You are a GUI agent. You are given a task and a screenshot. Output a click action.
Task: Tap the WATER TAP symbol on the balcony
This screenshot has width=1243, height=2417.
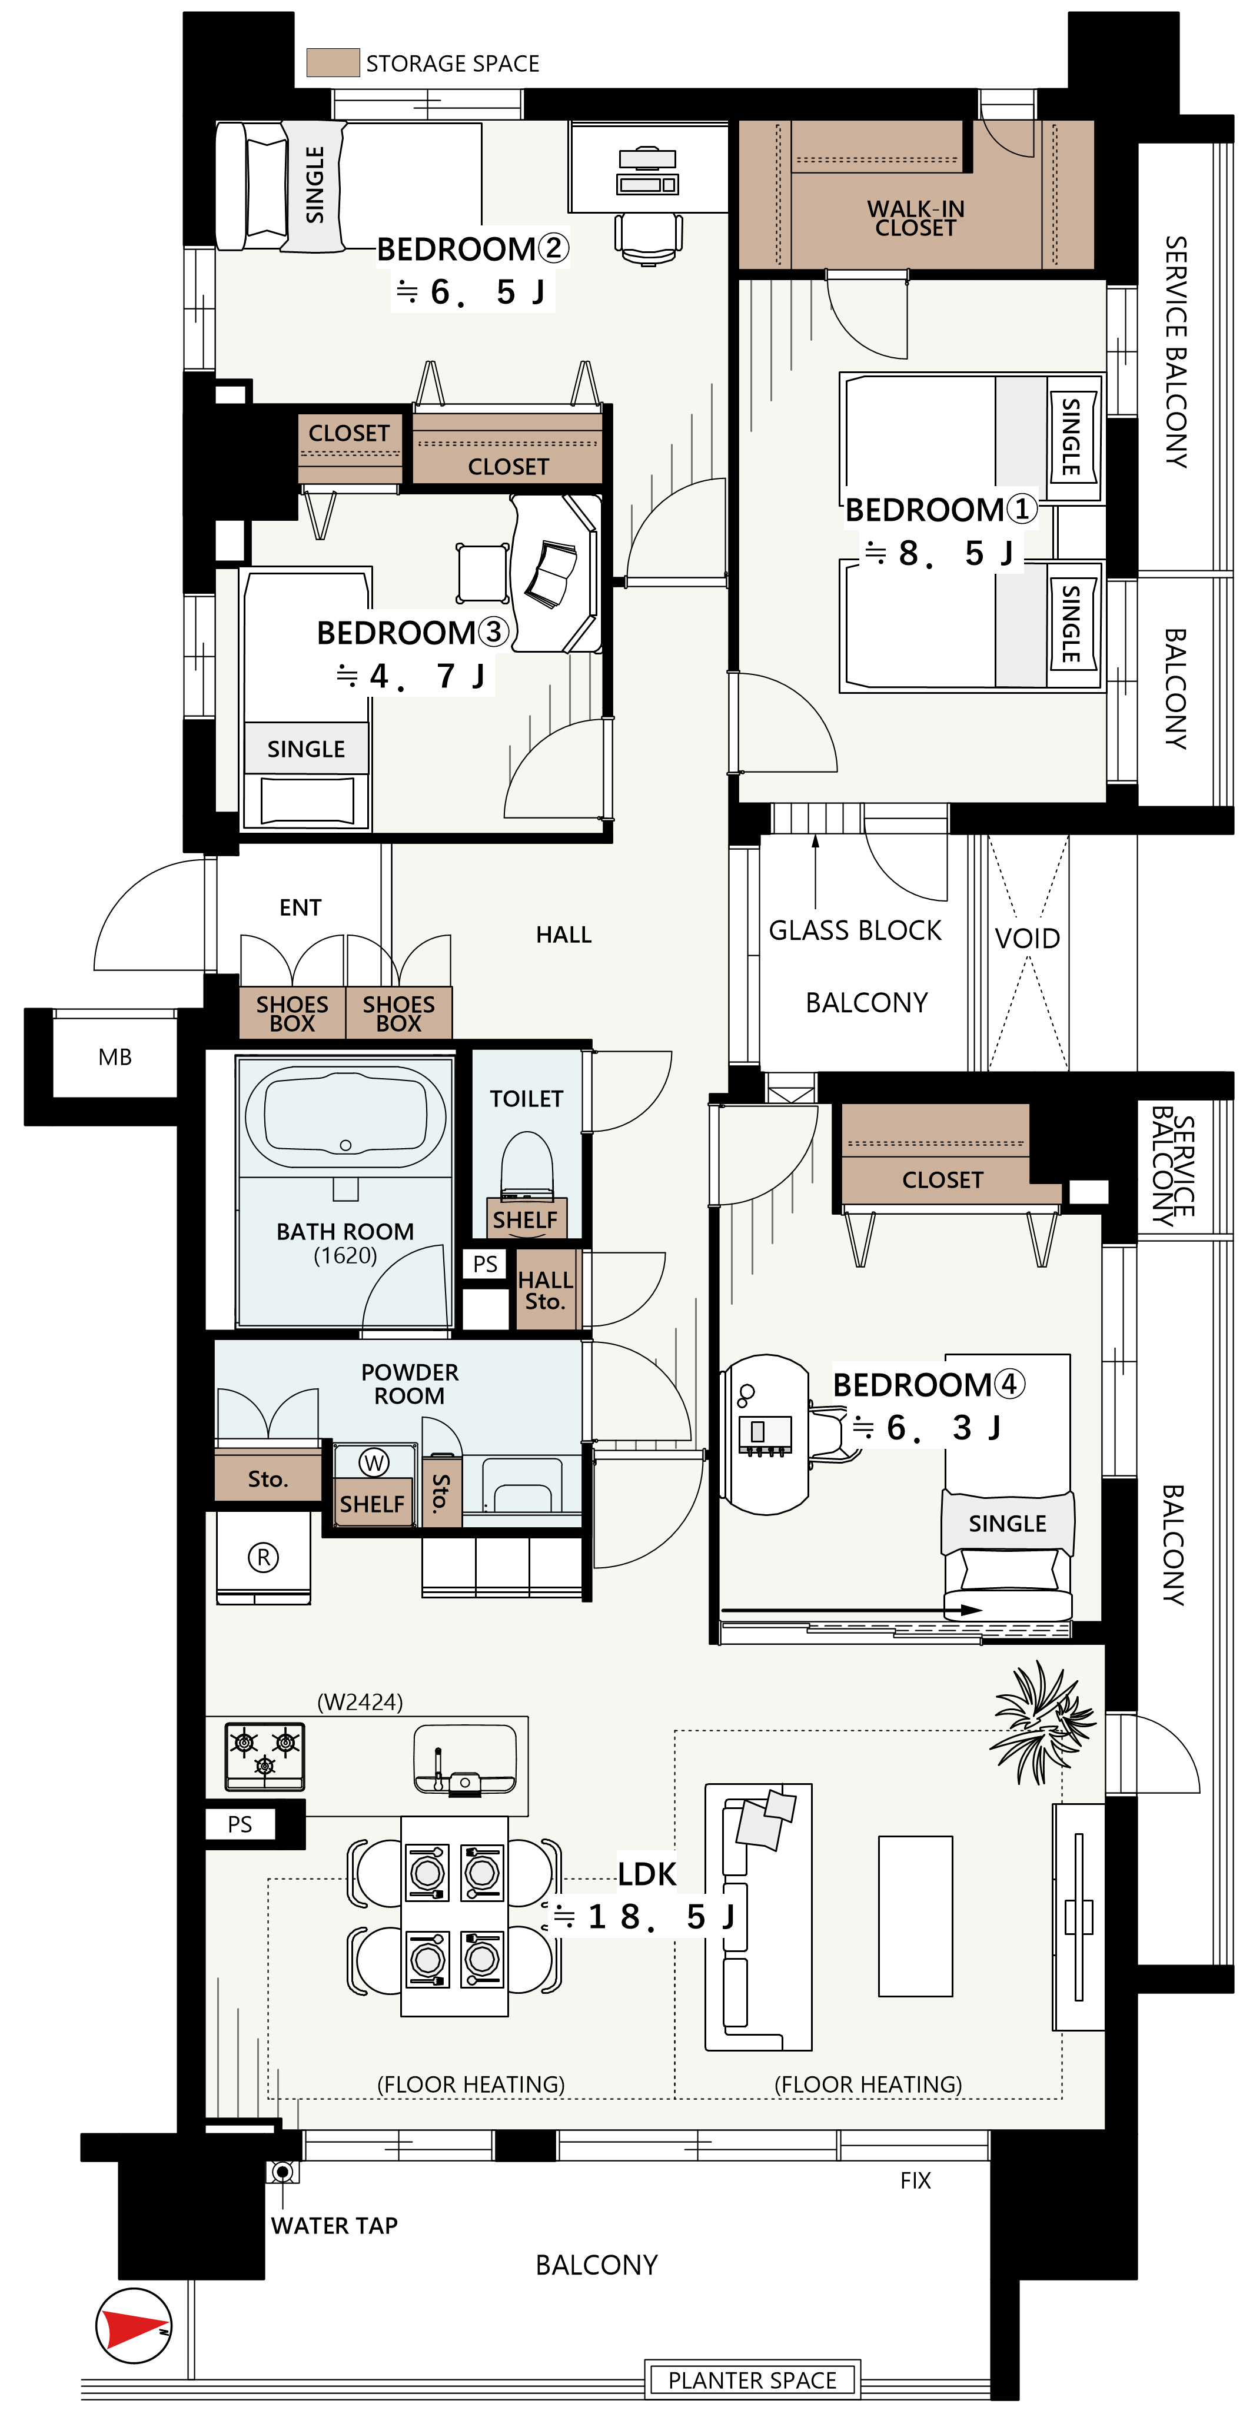[282, 2171]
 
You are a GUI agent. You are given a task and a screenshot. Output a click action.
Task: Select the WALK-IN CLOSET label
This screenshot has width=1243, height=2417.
[916, 218]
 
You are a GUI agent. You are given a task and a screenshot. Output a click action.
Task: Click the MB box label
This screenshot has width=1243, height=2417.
[114, 1058]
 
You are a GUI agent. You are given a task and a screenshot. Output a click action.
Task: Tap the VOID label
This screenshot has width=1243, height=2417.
[1027, 938]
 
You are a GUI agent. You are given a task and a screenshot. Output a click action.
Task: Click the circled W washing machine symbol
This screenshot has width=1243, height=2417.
[374, 1462]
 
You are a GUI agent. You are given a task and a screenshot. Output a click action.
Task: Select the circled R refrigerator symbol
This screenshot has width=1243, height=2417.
[262, 1558]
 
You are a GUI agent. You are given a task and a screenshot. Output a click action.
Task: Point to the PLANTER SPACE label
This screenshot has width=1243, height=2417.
[752, 2381]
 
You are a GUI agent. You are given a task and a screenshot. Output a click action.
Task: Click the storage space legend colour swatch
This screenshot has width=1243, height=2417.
[333, 63]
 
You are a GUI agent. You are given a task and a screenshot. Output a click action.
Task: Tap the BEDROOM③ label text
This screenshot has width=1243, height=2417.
[413, 633]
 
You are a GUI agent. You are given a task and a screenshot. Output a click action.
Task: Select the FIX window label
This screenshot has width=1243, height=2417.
[916, 2180]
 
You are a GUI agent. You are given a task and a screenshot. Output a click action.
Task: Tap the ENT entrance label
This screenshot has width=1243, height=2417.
[300, 907]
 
